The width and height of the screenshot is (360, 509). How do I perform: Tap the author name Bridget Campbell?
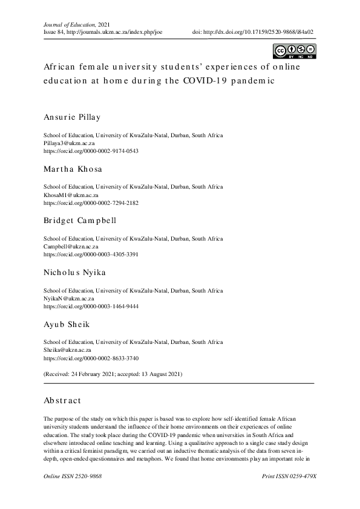(x=80, y=221)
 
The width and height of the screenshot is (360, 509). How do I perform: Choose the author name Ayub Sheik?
(x=67, y=325)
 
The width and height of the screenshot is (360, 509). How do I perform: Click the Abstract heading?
(x=62, y=400)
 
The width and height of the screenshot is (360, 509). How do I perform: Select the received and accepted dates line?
(x=113, y=374)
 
